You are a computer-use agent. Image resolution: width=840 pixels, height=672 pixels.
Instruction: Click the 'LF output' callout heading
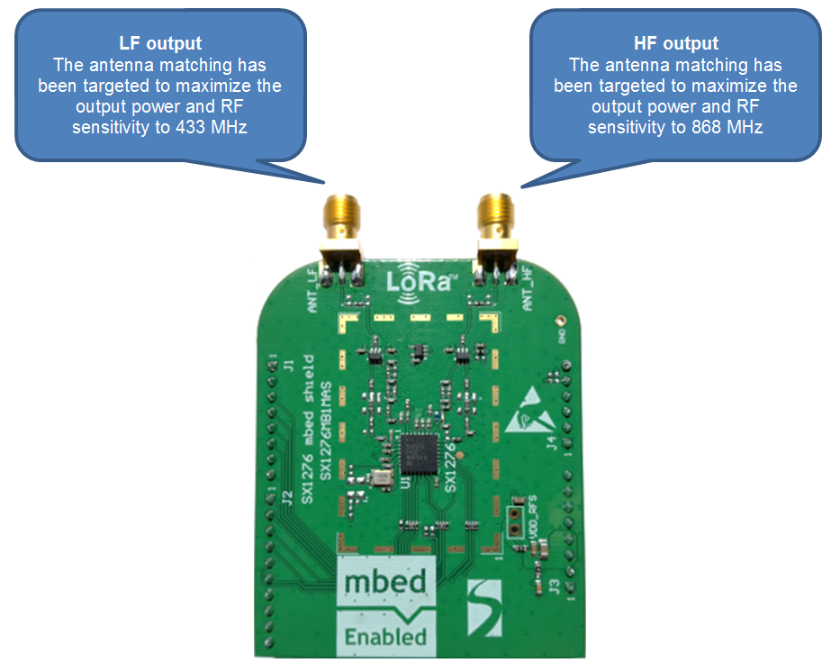pyautogui.click(x=160, y=43)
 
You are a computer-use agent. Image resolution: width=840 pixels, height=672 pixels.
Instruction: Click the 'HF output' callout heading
pyautogui.click(x=676, y=43)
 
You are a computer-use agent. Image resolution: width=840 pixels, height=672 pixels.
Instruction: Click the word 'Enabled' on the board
pyautogui.click(x=385, y=636)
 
